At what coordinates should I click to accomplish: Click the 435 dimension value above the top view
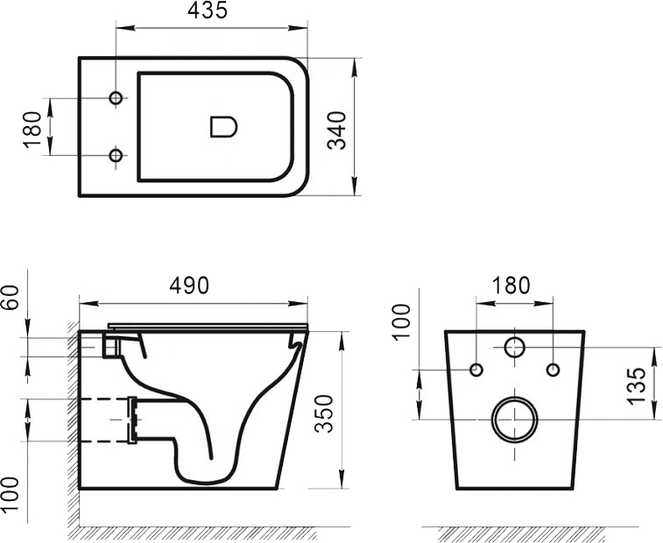(x=208, y=11)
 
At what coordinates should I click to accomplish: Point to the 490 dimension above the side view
(x=190, y=286)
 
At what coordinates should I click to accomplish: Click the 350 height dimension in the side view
(x=325, y=410)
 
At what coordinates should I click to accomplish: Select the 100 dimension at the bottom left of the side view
(x=11, y=496)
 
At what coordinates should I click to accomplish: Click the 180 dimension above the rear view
(x=511, y=286)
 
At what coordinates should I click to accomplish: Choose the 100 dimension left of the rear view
(x=402, y=322)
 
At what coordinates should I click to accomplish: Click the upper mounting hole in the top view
(x=116, y=97)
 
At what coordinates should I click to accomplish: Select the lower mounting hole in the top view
(x=116, y=156)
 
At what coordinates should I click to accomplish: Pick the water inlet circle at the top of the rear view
(x=515, y=348)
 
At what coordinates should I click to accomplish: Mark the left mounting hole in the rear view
(x=476, y=370)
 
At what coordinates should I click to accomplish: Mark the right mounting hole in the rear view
(x=553, y=370)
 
